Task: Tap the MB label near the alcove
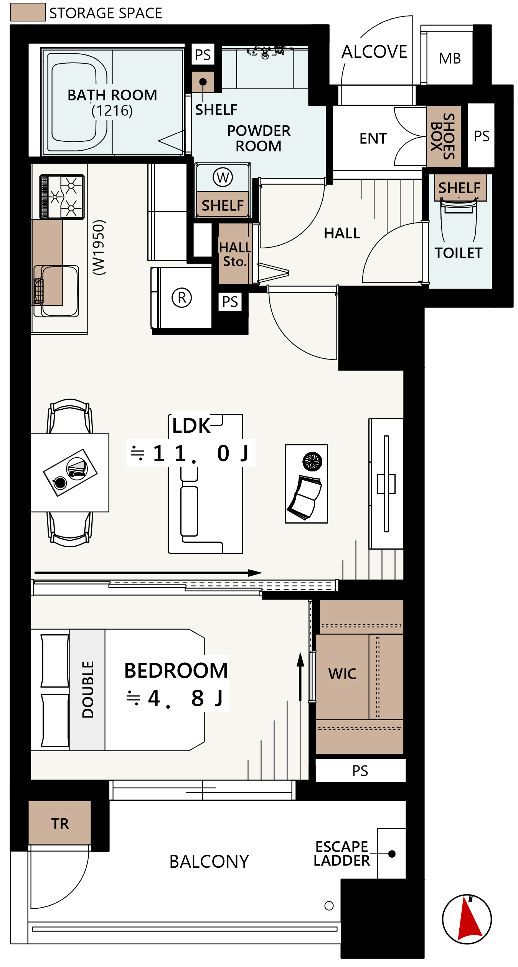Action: (x=450, y=59)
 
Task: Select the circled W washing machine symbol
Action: (x=223, y=177)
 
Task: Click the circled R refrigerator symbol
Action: (x=182, y=298)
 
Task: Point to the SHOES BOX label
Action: (x=443, y=136)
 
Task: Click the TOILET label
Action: (x=459, y=253)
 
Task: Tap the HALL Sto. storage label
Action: (x=235, y=254)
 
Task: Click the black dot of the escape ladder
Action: (x=392, y=854)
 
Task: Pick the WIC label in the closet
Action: (x=342, y=674)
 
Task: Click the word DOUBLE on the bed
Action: (x=88, y=689)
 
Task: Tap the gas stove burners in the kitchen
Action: (x=62, y=197)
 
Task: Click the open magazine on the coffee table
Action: (x=305, y=497)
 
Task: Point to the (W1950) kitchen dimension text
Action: (x=99, y=247)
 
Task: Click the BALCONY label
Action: (x=209, y=862)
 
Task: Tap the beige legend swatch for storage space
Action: (x=28, y=12)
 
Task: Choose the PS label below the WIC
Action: (x=360, y=771)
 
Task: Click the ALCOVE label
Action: (x=374, y=52)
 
